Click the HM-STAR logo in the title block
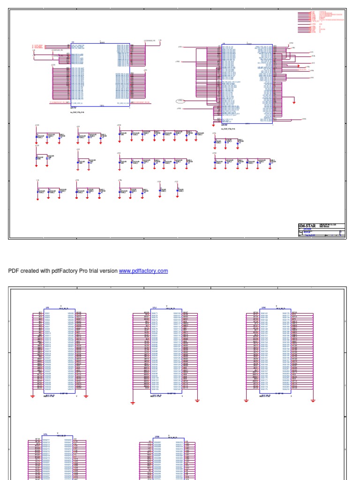pyautogui.click(x=307, y=226)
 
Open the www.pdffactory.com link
pyautogui.click(x=143, y=271)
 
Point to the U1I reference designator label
pyautogui.click(x=47, y=307)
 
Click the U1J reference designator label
pyautogui.click(x=154, y=307)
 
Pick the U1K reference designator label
pyautogui.click(x=263, y=307)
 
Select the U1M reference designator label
pyautogui.click(x=157, y=436)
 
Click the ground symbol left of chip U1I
pyautogui.click(x=33, y=397)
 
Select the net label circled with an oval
pyautogui.click(x=180, y=101)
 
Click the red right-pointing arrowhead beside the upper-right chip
pyautogui.click(x=298, y=66)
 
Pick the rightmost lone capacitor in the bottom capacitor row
pyautogui.click(x=178, y=190)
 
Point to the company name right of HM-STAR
pyautogui.click(x=327, y=226)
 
